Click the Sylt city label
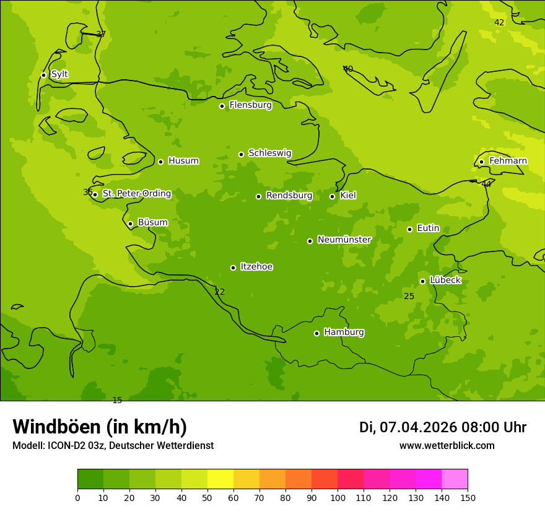pyautogui.click(x=59, y=74)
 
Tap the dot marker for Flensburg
pyautogui.click(x=222, y=106)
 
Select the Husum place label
pyautogui.click(x=183, y=161)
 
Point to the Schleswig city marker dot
pyautogui.click(x=241, y=154)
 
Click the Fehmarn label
pyautogui.click(x=508, y=161)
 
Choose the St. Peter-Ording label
pyautogui.click(x=137, y=194)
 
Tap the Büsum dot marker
pyautogui.click(x=130, y=224)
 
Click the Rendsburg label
pyautogui.click(x=289, y=196)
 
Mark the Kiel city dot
pyautogui.click(x=332, y=196)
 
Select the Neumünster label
pyautogui.click(x=344, y=240)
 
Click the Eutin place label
pyautogui.click(x=428, y=229)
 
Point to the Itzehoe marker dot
pyautogui.click(x=233, y=268)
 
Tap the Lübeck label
pyautogui.click(x=445, y=281)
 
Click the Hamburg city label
pyautogui.click(x=344, y=333)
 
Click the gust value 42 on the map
pyautogui.click(x=499, y=23)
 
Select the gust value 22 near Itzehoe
pyautogui.click(x=220, y=292)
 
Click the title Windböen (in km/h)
pyautogui.click(x=100, y=427)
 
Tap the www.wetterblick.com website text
pyautogui.click(x=447, y=446)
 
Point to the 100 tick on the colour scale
pyautogui.click(x=338, y=497)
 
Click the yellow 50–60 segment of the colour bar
pyautogui.click(x=220, y=479)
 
